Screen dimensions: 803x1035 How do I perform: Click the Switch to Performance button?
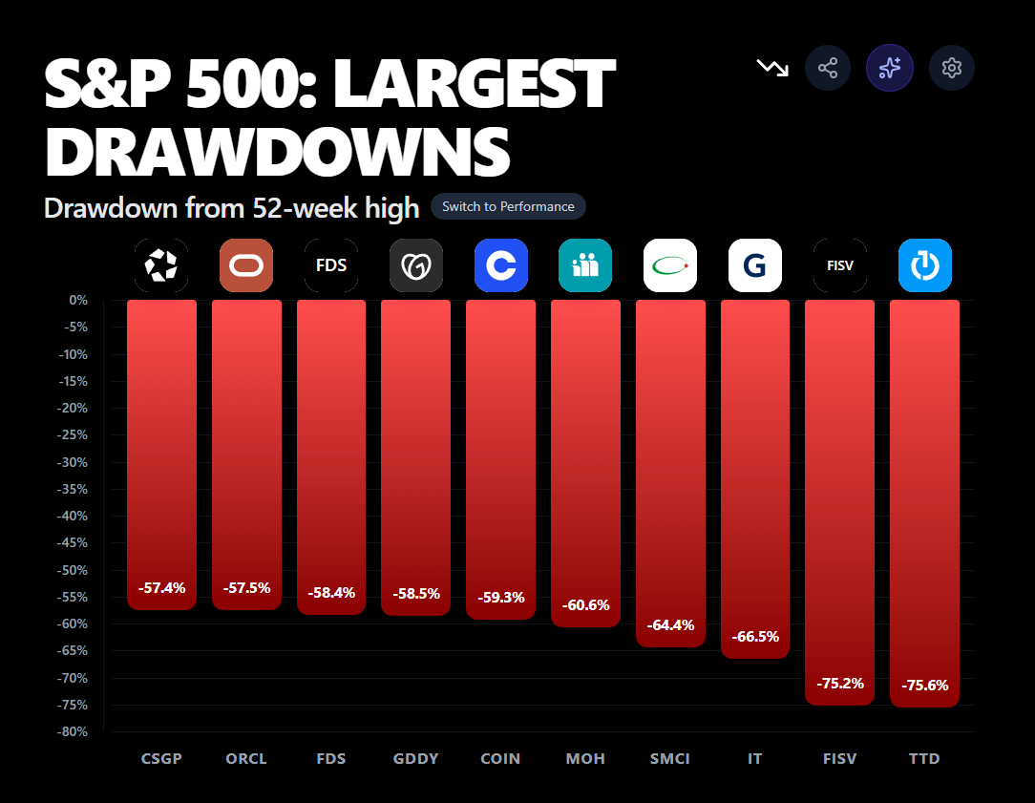(508, 206)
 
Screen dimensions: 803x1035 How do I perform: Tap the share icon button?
(828, 68)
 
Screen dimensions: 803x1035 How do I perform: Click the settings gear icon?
(951, 68)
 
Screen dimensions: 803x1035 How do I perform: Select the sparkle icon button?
(890, 68)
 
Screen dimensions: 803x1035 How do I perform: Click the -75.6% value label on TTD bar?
(925, 685)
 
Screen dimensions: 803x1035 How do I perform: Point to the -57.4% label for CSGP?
(161, 587)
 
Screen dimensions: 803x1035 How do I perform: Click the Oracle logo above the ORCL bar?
(246, 265)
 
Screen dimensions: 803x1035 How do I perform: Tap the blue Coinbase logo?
(501, 265)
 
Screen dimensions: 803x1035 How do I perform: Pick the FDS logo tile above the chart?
(331, 265)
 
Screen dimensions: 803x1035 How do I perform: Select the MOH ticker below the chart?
(585, 759)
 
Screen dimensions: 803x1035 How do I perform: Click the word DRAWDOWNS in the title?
(277, 149)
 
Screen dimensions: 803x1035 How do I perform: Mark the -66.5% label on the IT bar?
(755, 636)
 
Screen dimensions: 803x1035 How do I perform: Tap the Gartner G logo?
(755, 265)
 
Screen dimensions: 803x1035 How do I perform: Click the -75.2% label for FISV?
(840, 683)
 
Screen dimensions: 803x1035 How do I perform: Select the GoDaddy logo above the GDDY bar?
(416, 265)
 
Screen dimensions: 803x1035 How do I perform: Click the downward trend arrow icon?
(772, 68)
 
